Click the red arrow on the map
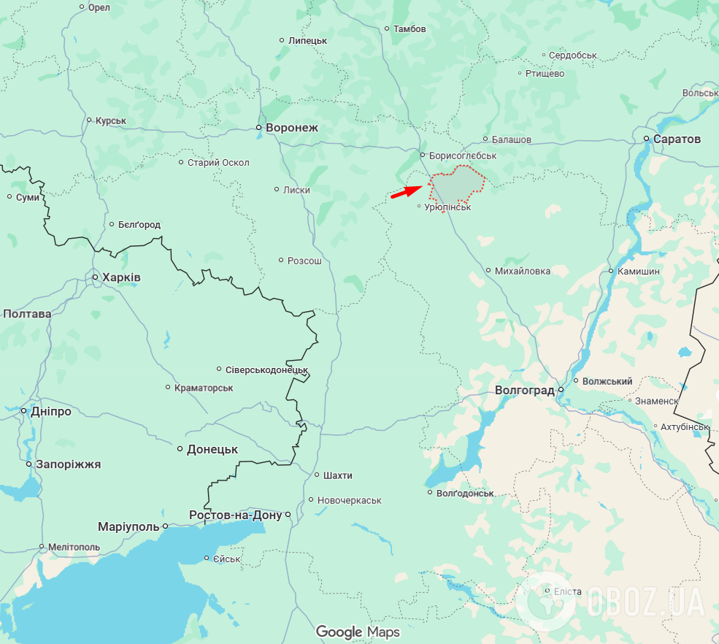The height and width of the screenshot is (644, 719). pyautogui.click(x=406, y=191)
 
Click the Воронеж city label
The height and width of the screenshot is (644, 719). pyautogui.click(x=292, y=128)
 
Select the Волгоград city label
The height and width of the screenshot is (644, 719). pyautogui.click(x=524, y=390)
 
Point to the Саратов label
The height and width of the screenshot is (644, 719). pyautogui.click(x=677, y=139)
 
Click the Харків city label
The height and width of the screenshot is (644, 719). pyautogui.click(x=121, y=277)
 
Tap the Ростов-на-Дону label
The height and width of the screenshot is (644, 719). pyautogui.click(x=235, y=515)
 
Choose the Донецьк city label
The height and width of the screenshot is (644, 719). pyautogui.click(x=212, y=449)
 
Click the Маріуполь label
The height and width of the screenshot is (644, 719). pyautogui.click(x=128, y=526)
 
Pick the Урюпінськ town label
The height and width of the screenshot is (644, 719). pyautogui.click(x=448, y=207)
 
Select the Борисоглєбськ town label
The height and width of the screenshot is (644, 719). pyautogui.click(x=463, y=156)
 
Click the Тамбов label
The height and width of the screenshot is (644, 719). pyautogui.click(x=410, y=29)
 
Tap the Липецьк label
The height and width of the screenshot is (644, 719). pyautogui.click(x=307, y=40)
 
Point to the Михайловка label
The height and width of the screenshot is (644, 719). pyautogui.click(x=523, y=271)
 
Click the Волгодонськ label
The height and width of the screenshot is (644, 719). pyautogui.click(x=465, y=493)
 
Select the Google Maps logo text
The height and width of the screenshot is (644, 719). pyautogui.click(x=358, y=632)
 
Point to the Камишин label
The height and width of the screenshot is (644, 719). pyautogui.click(x=638, y=271)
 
